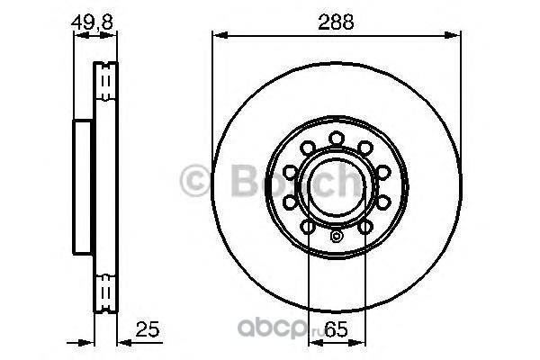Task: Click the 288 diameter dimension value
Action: (336, 22)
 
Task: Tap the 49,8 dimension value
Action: (92, 22)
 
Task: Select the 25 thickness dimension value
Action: (148, 329)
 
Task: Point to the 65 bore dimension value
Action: (337, 330)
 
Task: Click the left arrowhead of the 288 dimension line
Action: (220, 35)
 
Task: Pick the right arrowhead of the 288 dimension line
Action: (452, 35)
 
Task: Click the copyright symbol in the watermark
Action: (195, 181)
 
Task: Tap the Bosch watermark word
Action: (297, 181)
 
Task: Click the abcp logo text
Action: (272, 328)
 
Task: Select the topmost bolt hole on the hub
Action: (337, 138)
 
